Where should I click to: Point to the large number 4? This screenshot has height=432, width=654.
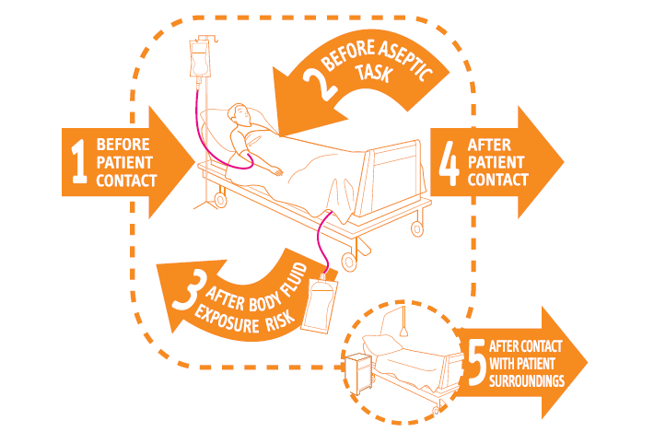point(449,162)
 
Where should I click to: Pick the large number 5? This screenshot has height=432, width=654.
point(476,364)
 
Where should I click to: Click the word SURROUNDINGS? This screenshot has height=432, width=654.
point(527,379)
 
